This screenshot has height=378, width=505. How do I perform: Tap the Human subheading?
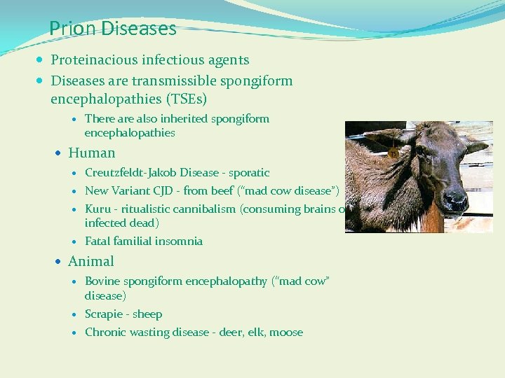pyautogui.click(x=91, y=153)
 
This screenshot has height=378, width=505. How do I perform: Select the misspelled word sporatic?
pyautogui.click(x=248, y=173)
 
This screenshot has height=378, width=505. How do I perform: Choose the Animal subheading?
pyautogui.click(x=90, y=261)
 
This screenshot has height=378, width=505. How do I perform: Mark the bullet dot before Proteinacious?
pyautogui.click(x=43, y=61)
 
